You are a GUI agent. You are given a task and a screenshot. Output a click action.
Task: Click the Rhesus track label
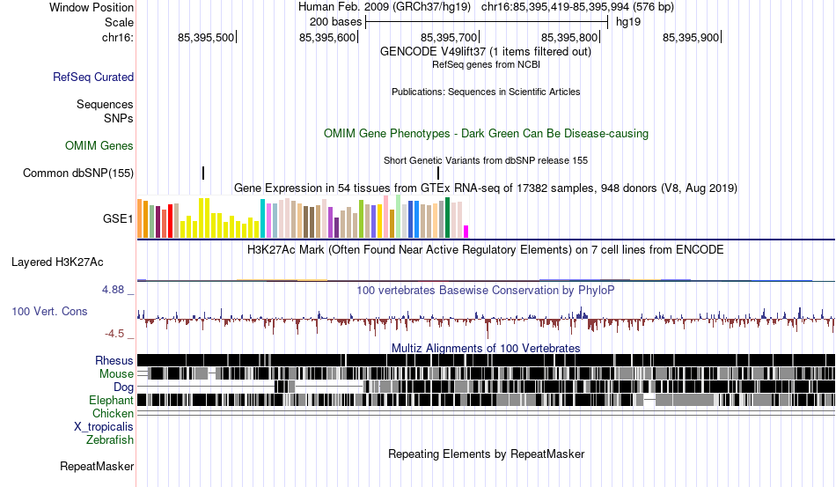pyautogui.click(x=114, y=360)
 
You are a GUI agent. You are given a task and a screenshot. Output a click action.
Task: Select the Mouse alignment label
pyautogui.click(x=116, y=373)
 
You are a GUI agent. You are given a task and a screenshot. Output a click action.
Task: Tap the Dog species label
pyautogui.click(x=123, y=387)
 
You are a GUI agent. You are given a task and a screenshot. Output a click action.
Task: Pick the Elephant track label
pyautogui.click(x=111, y=400)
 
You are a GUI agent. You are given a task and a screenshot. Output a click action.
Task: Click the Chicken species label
pyautogui.click(x=114, y=413)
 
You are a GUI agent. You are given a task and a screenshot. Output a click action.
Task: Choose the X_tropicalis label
pyautogui.click(x=104, y=426)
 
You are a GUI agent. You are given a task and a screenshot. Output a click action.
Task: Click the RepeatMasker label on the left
pyautogui.click(x=97, y=466)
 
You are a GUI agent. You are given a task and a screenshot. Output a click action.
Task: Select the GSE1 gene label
pyautogui.click(x=118, y=218)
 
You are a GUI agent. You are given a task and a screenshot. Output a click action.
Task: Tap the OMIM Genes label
pyautogui.click(x=99, y=145)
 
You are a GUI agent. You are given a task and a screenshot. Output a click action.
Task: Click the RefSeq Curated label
pyautogui.click(x=93, y=77)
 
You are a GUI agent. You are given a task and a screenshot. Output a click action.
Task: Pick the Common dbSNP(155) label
pyautogui.click(x=78, y=173)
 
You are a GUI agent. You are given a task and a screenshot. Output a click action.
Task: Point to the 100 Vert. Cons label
pyautogui.click(x=49, y=311)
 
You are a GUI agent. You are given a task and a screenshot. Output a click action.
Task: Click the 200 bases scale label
pyautogui.click(x=335, y=20)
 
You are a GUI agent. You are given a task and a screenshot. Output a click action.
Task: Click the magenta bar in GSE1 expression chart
pyautogui.click(x=466, y=232)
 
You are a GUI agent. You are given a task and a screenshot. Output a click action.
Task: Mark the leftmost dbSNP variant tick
pyautogui.click(x=203, y=173)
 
